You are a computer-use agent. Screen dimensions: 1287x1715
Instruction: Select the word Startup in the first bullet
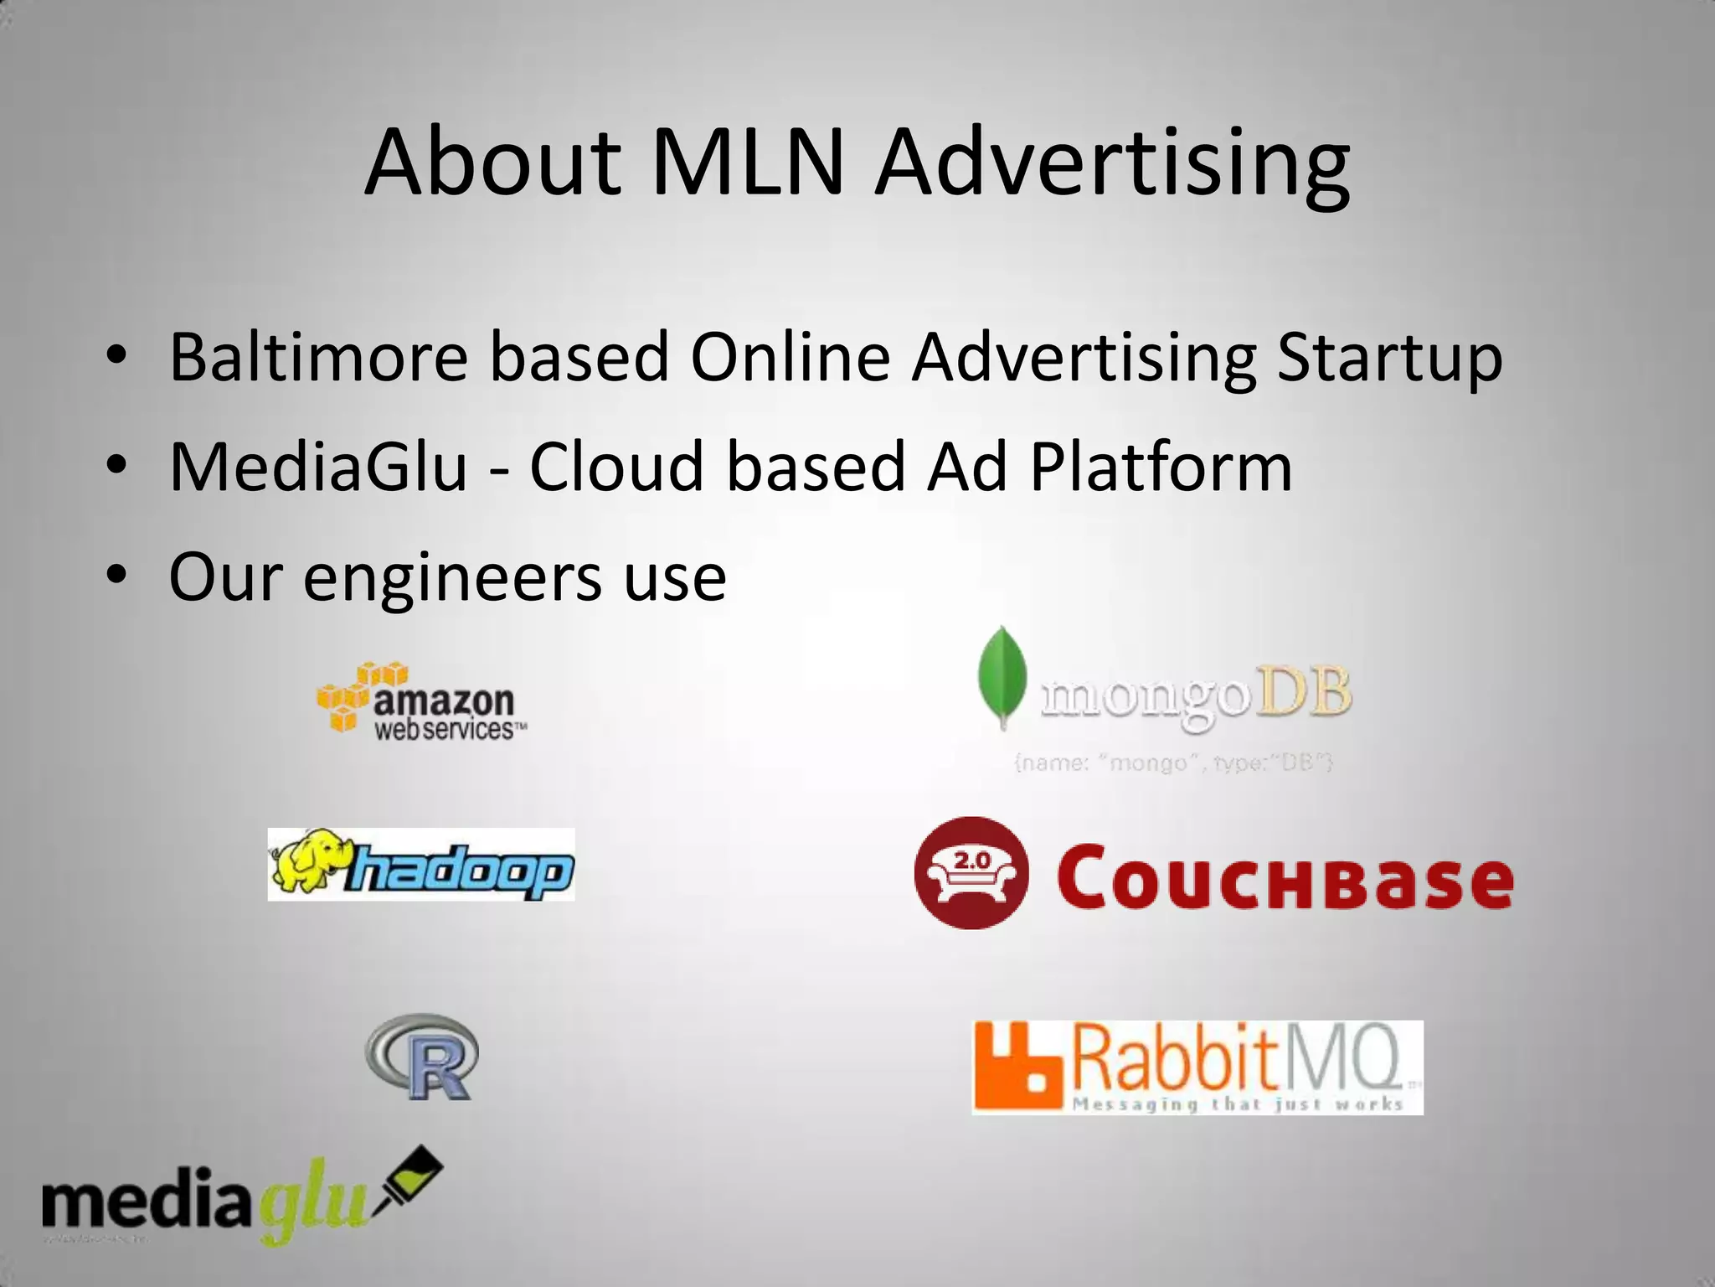[x=1390, y=358]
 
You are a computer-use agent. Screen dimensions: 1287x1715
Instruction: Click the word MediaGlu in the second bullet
[x=318, y=467]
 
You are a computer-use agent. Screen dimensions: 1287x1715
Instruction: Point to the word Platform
[x=1161, y=467]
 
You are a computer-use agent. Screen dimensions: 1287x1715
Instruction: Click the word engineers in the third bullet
[x=452, y=577]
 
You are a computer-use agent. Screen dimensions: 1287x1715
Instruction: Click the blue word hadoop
[x=461, y=871]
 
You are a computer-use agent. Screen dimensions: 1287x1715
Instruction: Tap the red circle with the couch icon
[x=971, y=873]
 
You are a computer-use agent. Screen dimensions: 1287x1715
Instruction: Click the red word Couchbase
[x=1285, y=878]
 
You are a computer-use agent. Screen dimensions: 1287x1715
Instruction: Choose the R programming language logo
[x=423, y=1057]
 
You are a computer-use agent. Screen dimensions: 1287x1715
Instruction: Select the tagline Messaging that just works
[x=1238, y=1104]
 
